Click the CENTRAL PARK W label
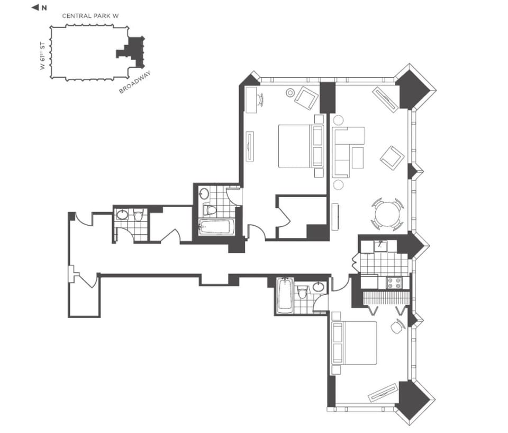90,16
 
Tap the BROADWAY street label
135,84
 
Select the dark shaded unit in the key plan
132,51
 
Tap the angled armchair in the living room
392,156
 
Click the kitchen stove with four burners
394,282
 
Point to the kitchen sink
380,245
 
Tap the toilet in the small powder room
138,216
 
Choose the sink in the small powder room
122,215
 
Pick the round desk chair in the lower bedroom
396,328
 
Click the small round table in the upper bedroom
291,93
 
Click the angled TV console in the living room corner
385,99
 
